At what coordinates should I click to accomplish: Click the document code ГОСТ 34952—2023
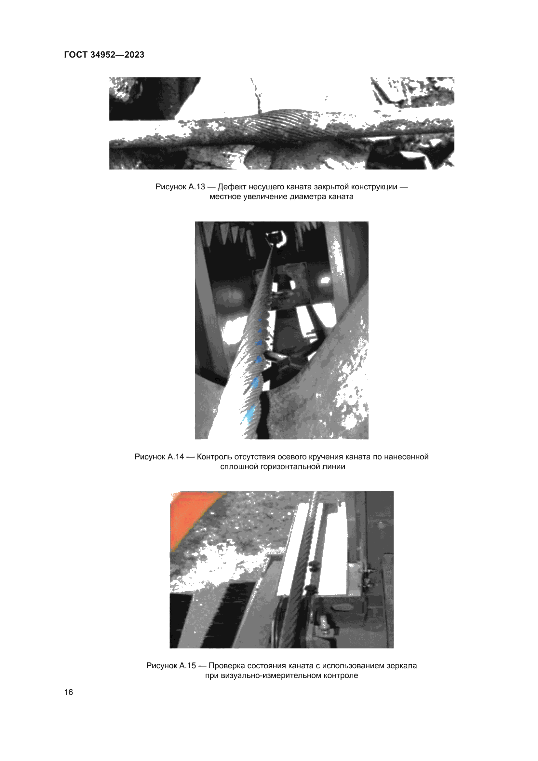tap(104, 55)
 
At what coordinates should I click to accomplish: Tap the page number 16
tap(69, 692)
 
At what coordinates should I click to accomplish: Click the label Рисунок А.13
tap(180, 187)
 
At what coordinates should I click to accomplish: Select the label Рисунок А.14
tap(159, 457)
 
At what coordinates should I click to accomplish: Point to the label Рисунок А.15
tap(171, 666)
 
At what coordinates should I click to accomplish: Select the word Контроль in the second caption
tap(214, 457)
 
